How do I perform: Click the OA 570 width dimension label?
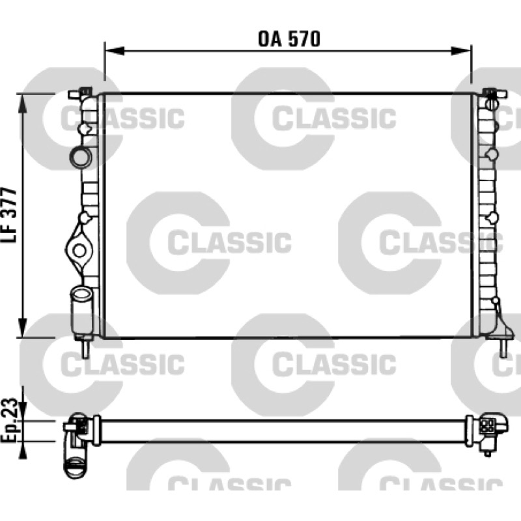coord(289,39)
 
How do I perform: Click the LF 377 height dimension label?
coord(9,215)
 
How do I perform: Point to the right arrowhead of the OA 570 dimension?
coord(461,51)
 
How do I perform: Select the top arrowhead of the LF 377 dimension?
coord(22,104)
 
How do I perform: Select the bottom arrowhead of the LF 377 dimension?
coord(22,328)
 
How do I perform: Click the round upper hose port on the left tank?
coord(80,157)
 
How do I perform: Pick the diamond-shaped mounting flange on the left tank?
coord(79,250)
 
